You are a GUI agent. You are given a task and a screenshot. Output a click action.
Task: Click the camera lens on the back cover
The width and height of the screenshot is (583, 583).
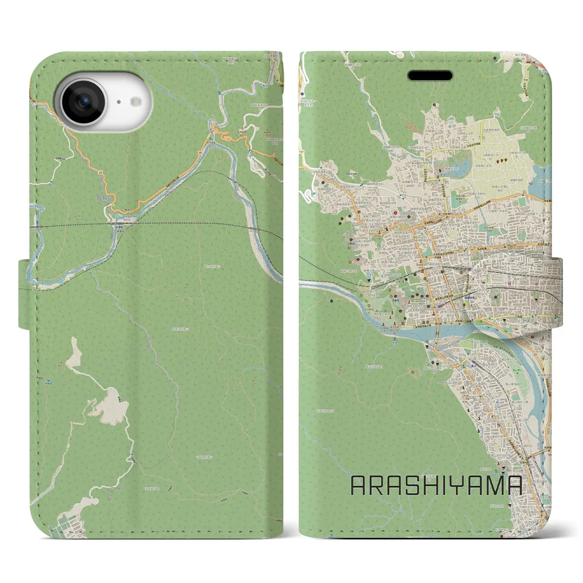click(83, 102)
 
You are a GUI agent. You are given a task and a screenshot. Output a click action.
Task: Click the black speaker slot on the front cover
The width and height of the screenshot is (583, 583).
click(430, 75)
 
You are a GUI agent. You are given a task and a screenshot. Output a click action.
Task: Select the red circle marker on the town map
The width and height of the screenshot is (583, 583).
click(395, 212)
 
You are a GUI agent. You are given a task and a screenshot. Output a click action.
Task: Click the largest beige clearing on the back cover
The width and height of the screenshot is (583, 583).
click(111, 409)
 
